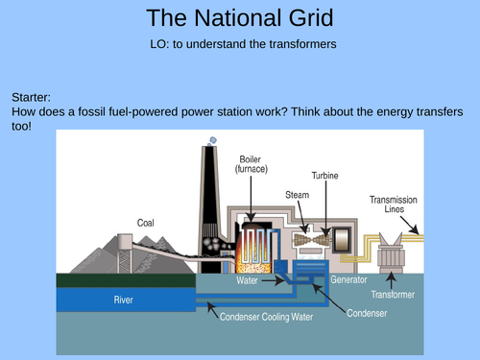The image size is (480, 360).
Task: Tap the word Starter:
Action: (37, 98)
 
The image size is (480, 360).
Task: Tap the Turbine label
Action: (324, 177)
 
